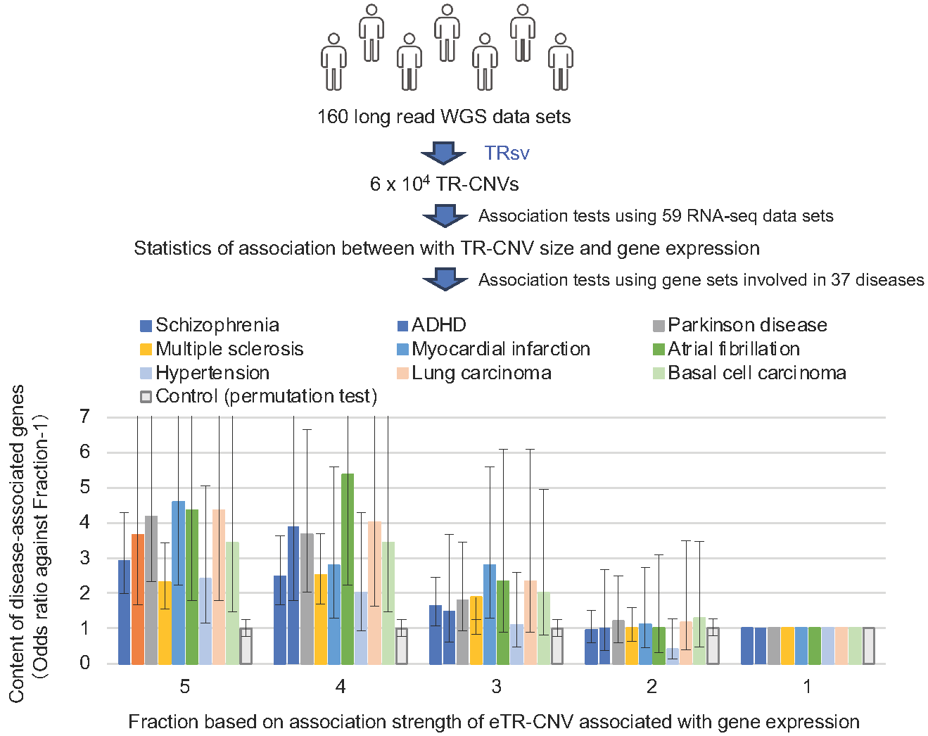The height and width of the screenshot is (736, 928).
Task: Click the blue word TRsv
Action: (x=507, y=153)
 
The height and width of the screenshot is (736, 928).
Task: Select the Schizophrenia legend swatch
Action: (x=146, y=326)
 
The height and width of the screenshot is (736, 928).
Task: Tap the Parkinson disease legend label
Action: (x=747, y=325)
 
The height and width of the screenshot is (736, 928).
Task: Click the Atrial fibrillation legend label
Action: (x=733, y=349)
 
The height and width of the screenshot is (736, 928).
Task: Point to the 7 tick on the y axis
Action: (x=85, y=417)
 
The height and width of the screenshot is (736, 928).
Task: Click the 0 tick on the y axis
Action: (x=85, y=663)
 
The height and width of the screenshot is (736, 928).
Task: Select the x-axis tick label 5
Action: (x=185, y=687)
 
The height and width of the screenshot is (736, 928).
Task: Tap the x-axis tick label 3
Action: (x=497, y=687)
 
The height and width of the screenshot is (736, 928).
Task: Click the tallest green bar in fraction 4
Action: (x=348, y=569)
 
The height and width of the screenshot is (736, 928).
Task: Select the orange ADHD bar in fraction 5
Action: (x=138, y=599)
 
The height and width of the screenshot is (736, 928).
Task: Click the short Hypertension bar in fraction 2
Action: (x=673, y=656)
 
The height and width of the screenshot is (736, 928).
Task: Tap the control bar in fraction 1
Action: (x=869, y=645)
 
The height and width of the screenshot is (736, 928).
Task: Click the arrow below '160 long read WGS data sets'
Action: (x=444, y=153)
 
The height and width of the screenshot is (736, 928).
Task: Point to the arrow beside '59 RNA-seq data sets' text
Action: (x=445, y=216)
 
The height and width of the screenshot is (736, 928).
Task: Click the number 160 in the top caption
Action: (x=333, y=117)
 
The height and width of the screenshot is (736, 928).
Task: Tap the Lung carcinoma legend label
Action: (x=481, y=373)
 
